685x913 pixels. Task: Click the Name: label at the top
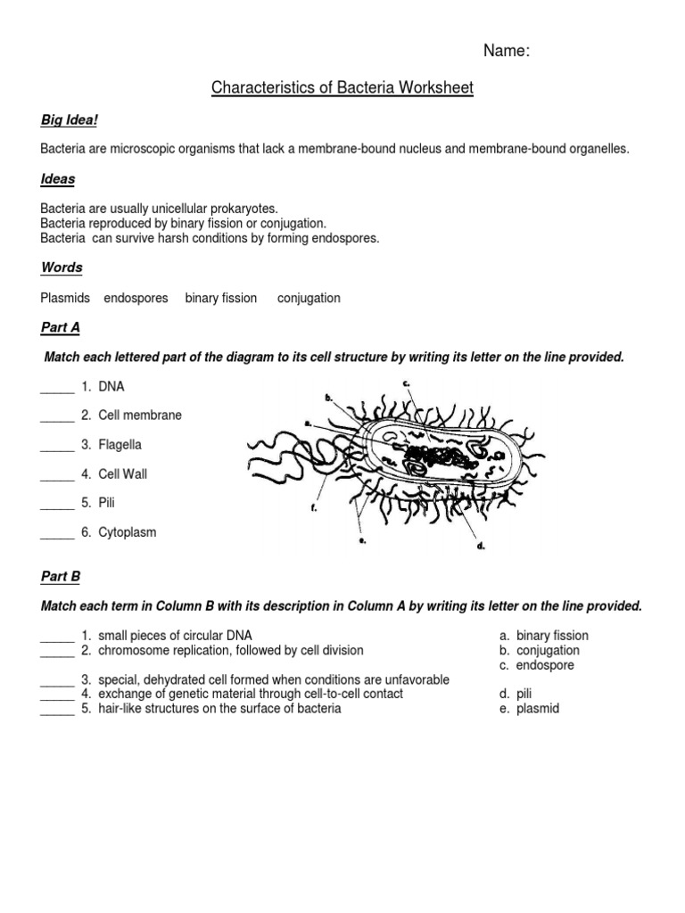(507, 52)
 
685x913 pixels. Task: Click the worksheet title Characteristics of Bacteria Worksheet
(342, 87)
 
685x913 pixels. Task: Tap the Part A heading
(60, 327)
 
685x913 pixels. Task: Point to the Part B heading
(60, 577)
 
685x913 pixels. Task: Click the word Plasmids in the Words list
(65, 298)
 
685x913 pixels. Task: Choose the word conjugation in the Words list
(309, 298)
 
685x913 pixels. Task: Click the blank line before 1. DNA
(57, 388)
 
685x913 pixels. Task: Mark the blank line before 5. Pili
(57, 504)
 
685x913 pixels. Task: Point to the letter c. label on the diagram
(406, 383)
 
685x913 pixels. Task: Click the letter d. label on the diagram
(481, 546)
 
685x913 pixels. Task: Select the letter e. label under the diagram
(362, 540)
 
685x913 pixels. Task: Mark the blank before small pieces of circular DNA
(57, 637)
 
